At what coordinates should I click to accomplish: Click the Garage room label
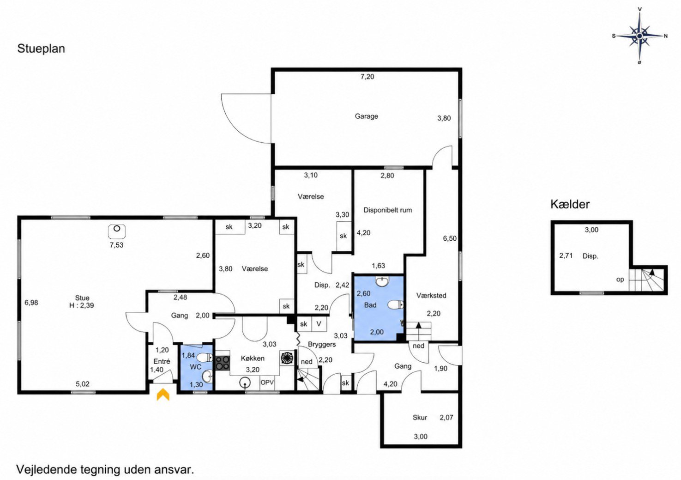pyautogui.click(x=366, y=116)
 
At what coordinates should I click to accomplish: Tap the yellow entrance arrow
pyautogui.click(x=163, y=395)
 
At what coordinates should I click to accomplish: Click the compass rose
pyautogui.click(x=639, y=36)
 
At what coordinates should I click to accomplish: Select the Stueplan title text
pyautogui.click(x=41, y=49)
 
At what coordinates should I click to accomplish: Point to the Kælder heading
pyautogui.click(x=570, y=204)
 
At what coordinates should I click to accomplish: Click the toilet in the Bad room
pyautogui.click(x=396, y=304)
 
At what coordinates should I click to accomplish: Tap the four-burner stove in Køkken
pyautogui.click(x=223, y=363)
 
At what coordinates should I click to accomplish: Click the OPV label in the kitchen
pyautogui.click(x=267, y=383)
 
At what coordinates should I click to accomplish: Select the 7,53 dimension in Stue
pyautogui.click(x=117, y=245)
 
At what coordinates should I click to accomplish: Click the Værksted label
pyautogui.click(x=431, y=295)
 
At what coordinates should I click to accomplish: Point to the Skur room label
pyautogui.click(x=420, y=418)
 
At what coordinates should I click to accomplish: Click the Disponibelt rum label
pyautogui.click(x=388, y=210)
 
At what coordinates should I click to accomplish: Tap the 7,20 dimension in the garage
pyautogui.click(x=367, y=77)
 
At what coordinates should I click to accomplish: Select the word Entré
pyautogui.click(x=162, y=361)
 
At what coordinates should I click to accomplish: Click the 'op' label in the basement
pyautogui.click(x=620, y=279)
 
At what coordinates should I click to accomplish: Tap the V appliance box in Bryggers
pyautogui.click(x=319, y=324)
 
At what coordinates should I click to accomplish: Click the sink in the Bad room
pyautogui.click(x=382, y=281)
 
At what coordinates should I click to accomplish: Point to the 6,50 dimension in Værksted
pyautogui.click(x=450, y=238)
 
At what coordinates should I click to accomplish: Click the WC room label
pyautogui.click(x=195, y=367)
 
